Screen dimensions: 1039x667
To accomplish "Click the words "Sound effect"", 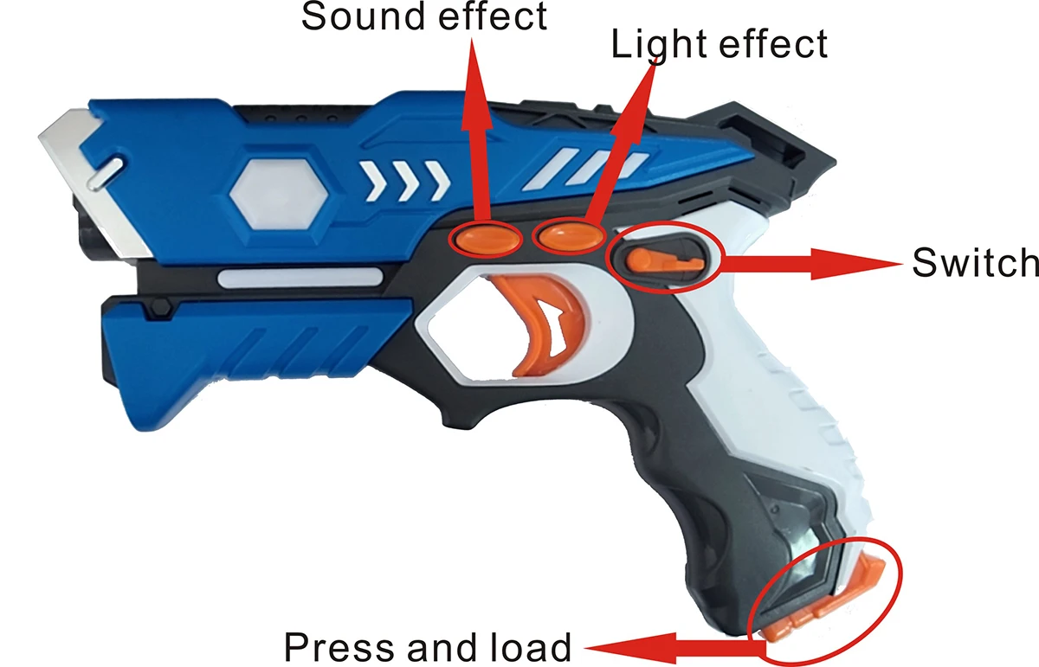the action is (424, 16).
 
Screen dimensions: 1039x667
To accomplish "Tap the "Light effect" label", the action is (720, 44).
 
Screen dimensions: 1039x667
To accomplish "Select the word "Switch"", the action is (975, 262).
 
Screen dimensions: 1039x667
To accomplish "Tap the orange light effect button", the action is (568, 234).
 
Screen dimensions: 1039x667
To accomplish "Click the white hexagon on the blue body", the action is (277, 191).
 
